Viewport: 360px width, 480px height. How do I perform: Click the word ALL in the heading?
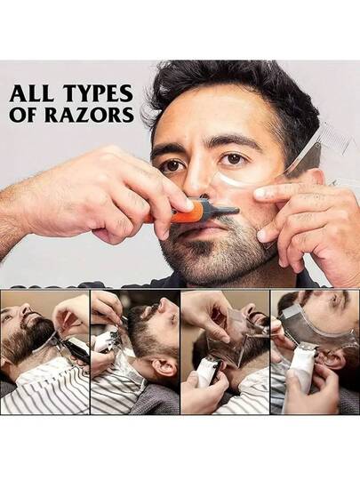tap(31, 93)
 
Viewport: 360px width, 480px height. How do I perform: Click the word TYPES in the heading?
tap(98, 93)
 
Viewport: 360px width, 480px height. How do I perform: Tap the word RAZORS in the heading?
tap(90, 115)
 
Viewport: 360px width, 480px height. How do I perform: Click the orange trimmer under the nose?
tap(191, 212)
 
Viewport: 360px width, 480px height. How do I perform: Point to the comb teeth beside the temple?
tap(332, 137)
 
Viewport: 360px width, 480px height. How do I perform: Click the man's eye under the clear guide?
tap(233, 158)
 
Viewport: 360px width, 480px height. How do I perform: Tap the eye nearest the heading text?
tap(173, 165)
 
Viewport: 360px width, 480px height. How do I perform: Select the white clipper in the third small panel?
tap(209, 372)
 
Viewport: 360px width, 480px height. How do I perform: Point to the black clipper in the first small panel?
tap(74, 349)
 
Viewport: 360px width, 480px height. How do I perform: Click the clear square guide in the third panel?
tap(228, 339)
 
